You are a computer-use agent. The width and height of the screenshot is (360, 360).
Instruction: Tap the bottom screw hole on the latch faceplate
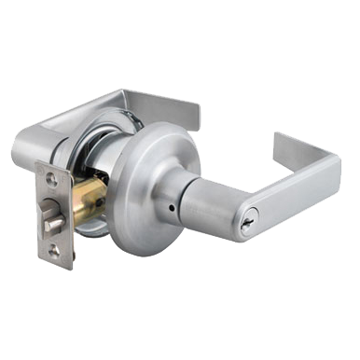click(x=55, y=249)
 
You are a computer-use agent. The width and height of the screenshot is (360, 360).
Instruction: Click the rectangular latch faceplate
click(x=54, y=215)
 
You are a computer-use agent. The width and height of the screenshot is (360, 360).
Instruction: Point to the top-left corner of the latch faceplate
click(x=36, y=169)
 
